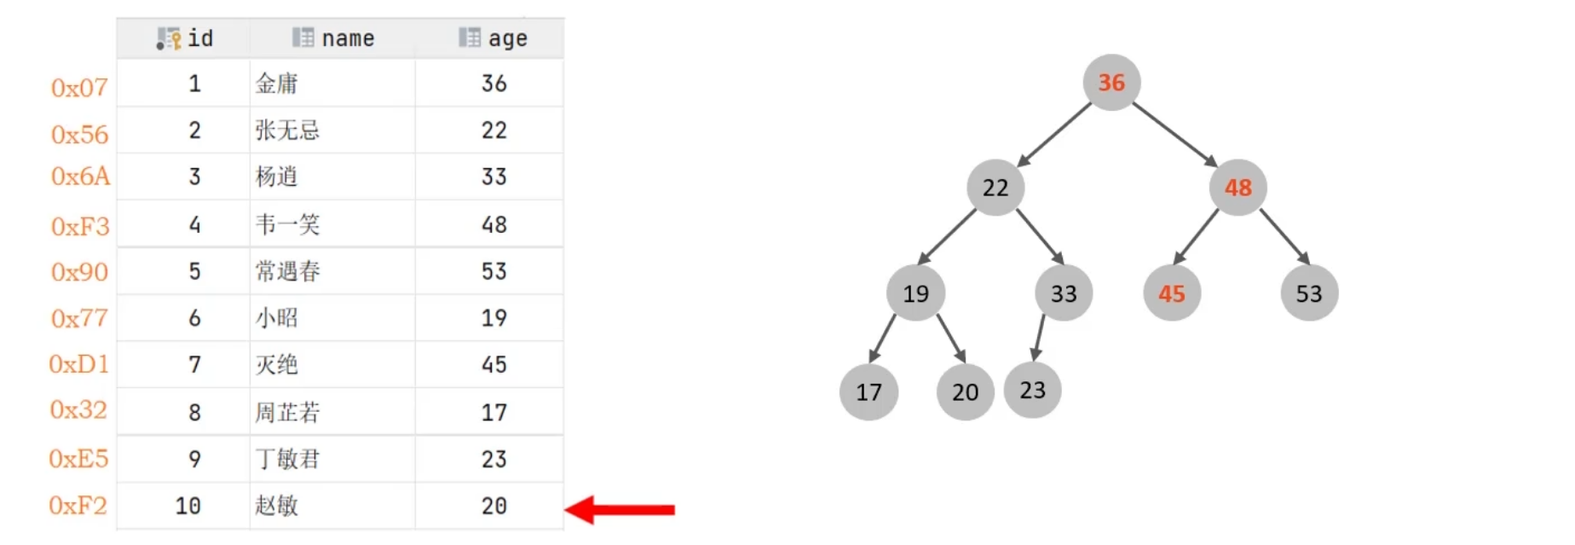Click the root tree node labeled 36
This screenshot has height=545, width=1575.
pyautogui.click(x=1111, y=83)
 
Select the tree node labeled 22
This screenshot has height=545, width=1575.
pyautogui.click(x=995, y=188)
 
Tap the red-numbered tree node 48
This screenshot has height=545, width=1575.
pyautogui.click(x=1238, y=188)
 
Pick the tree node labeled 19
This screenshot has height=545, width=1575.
pyautogui.click(x=916, y=293)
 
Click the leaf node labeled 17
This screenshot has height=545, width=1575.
pyautogui.click(x=868, y=392)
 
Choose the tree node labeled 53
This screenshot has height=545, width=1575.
pyautogui.click(x=1309, y=293)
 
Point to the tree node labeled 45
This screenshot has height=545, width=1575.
pyautogui.click(x=1172, y=293)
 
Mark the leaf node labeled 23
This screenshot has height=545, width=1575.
pyautogui.click(x=1032, y=390)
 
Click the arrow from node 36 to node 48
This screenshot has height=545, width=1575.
pyautogui.click(x=1174, y=135)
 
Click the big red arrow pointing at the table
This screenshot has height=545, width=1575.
pyautogui.click(x=620, y=510)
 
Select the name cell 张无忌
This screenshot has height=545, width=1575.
pyautogui.click(x=287, y=130)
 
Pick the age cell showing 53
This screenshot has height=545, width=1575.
pyautogui.click(x=493, y=271)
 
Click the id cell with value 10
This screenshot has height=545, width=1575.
pyautogui.click(x=187, y=506)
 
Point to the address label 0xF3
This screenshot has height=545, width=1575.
pyautogui.click(x=80, y=226)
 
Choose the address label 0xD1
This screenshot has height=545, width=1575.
pyautogui.click(x=79, y=364)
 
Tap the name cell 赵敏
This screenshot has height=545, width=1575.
pyautogui.click(x=277, y=506)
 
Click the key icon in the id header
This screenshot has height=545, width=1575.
pyautogui.click(x=169, y=38)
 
